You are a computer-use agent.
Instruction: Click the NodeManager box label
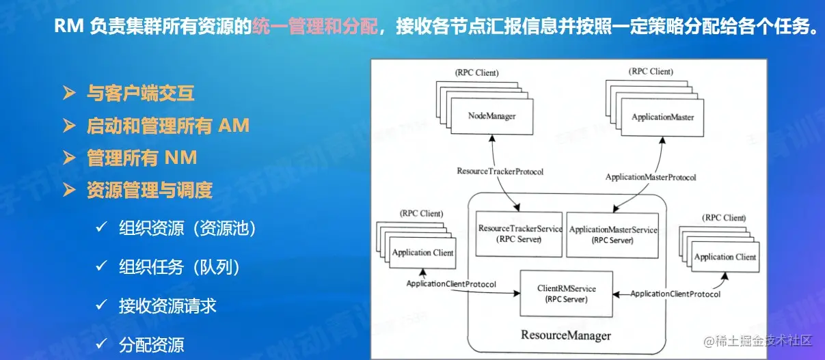[491, 116]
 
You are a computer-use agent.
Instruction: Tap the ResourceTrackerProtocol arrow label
[500, 171]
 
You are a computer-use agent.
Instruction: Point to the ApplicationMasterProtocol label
[651, 177]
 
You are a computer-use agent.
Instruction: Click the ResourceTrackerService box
[520, 234]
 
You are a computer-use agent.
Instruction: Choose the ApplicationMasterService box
[613, 234]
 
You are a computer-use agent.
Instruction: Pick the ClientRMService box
[566, 294]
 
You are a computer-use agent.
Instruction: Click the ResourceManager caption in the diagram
[566, 335]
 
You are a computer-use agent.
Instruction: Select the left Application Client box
[422, 253]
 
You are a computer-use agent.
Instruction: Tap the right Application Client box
[725, 257]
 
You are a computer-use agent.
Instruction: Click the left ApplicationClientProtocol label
[451, 283]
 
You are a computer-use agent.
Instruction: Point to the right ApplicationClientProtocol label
[675, 294]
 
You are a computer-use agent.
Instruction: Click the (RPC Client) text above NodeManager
[476, 72]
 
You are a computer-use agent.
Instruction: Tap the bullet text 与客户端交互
[140, 93]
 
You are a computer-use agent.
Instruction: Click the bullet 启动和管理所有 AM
[167, 126]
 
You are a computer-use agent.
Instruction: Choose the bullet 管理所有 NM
[141, 158]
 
